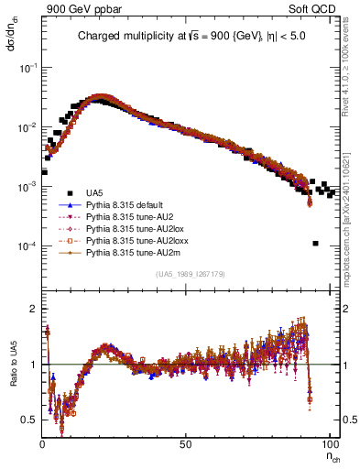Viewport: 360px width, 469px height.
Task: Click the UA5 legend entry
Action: point(95,192)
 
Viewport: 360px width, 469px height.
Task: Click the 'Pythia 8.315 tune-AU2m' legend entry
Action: point(129,252)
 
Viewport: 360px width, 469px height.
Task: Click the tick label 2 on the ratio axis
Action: point(34,309)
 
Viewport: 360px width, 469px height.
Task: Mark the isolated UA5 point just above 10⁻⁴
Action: point(315,244)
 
